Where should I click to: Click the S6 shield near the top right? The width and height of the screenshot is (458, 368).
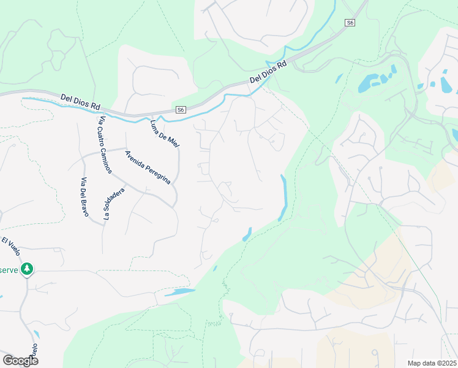click(x=350, y=23)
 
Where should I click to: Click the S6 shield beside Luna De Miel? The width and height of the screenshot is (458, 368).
click(x=181, y=110)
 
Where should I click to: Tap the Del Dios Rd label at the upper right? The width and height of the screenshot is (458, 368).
click(x=268, y=72)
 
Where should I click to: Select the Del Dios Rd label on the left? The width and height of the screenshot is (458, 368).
click(x=80, y=102)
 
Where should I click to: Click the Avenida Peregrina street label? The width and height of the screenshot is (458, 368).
click(x=147, y=167)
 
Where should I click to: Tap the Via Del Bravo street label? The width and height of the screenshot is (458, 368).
click(x=84, y=197)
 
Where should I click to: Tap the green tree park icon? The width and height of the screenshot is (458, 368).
click(x=26, y=269)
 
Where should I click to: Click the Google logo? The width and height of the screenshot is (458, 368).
click(x=20, y=360)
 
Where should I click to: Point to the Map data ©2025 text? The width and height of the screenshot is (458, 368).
click(x=432, y=363)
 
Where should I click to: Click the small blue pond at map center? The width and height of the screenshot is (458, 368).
click(x=247, y=234)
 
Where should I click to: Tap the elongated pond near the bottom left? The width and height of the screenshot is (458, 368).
click(x=179, y=292)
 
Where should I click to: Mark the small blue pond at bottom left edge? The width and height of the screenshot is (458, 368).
click(x=37, y=335)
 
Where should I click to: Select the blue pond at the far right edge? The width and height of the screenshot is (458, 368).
click(x=455, y=135)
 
